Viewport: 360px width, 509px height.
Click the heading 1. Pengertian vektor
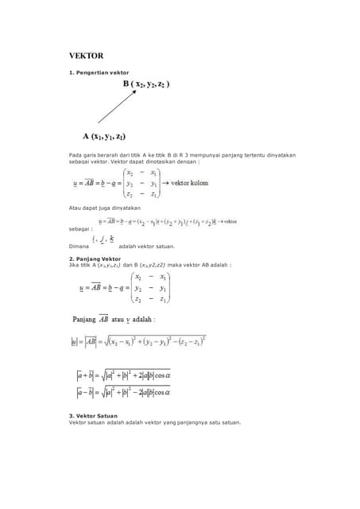(x=99, y=72)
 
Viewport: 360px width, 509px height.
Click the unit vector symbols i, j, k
(x=103, y=239)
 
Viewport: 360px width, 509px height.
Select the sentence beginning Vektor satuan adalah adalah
(x=154, y=422)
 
